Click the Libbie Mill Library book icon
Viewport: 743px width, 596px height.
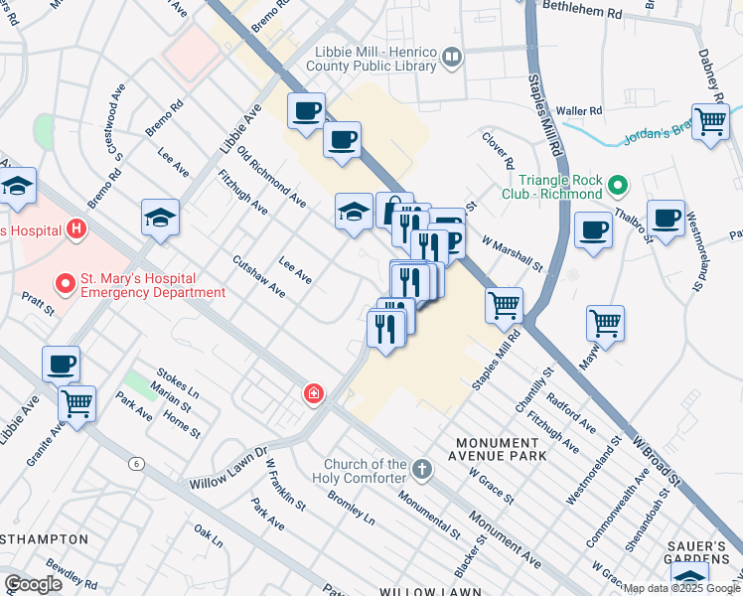(452, 60)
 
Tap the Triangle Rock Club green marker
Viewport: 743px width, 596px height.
(617, 185)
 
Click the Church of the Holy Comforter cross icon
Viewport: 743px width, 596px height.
(421, 468)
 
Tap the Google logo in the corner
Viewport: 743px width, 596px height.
(33, 584)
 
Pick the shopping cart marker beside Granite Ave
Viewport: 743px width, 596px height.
(76, 403)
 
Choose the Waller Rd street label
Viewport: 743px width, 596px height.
(580, 110)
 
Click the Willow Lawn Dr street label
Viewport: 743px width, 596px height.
(229, 469)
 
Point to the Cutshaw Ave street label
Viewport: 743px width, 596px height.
(258, 277)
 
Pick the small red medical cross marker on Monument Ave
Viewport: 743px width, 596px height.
(314, 394)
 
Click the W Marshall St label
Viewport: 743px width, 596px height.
(513, 253)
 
